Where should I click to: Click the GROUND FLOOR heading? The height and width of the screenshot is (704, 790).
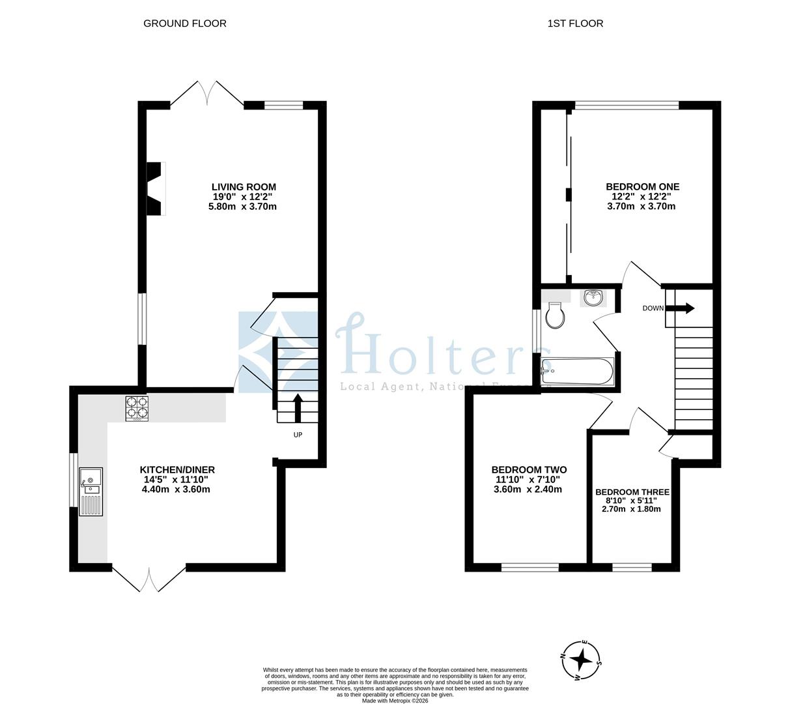[184, 23]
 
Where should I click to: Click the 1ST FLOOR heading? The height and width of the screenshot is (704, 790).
[575, 23]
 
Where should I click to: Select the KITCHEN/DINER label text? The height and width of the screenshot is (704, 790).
[177, 469]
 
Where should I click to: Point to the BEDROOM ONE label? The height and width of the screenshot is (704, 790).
[642, 186]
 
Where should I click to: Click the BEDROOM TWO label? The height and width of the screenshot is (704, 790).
[528, 469]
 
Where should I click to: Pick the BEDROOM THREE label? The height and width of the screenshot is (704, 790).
[632, 492]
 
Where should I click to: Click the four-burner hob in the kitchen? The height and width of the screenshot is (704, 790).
[137, 408]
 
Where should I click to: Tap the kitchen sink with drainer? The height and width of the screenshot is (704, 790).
[91, 491]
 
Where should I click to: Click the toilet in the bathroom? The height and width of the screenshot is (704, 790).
[555, 316]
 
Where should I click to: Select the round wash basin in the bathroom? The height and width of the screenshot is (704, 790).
[593, 298]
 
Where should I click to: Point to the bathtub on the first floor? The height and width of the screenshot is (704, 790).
[577, 372]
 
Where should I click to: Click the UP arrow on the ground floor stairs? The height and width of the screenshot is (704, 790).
[298, 408]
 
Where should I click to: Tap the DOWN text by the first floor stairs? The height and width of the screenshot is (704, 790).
[653, 308]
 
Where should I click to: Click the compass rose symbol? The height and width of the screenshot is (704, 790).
[580, 660]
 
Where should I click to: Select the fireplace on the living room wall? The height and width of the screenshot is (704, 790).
[155, 188]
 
